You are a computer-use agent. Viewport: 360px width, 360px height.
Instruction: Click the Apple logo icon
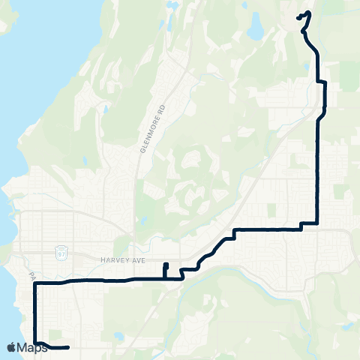(x=11, y=347)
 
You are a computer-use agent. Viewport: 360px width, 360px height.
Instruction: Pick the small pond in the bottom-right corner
(x=346, y=327)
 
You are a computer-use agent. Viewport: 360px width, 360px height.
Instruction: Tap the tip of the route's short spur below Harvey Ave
(x=165, y=265)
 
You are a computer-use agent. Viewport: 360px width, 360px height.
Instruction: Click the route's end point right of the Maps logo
(x=68, y=347)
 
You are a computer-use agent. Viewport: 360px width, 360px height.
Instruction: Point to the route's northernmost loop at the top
(x=304, y=15)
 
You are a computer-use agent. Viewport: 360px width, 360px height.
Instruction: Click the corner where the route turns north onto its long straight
(x=319, y=223)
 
